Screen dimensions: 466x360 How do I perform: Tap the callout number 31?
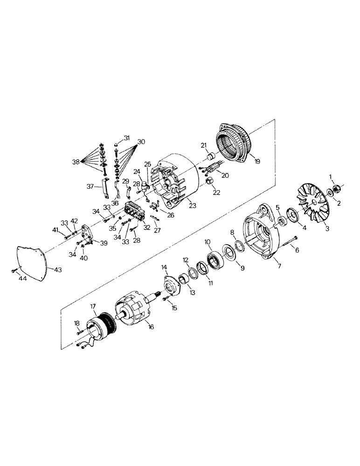click(127, 137)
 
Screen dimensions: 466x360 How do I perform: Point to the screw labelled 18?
click(80, 332)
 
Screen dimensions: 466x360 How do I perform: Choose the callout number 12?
click(185, 260)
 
